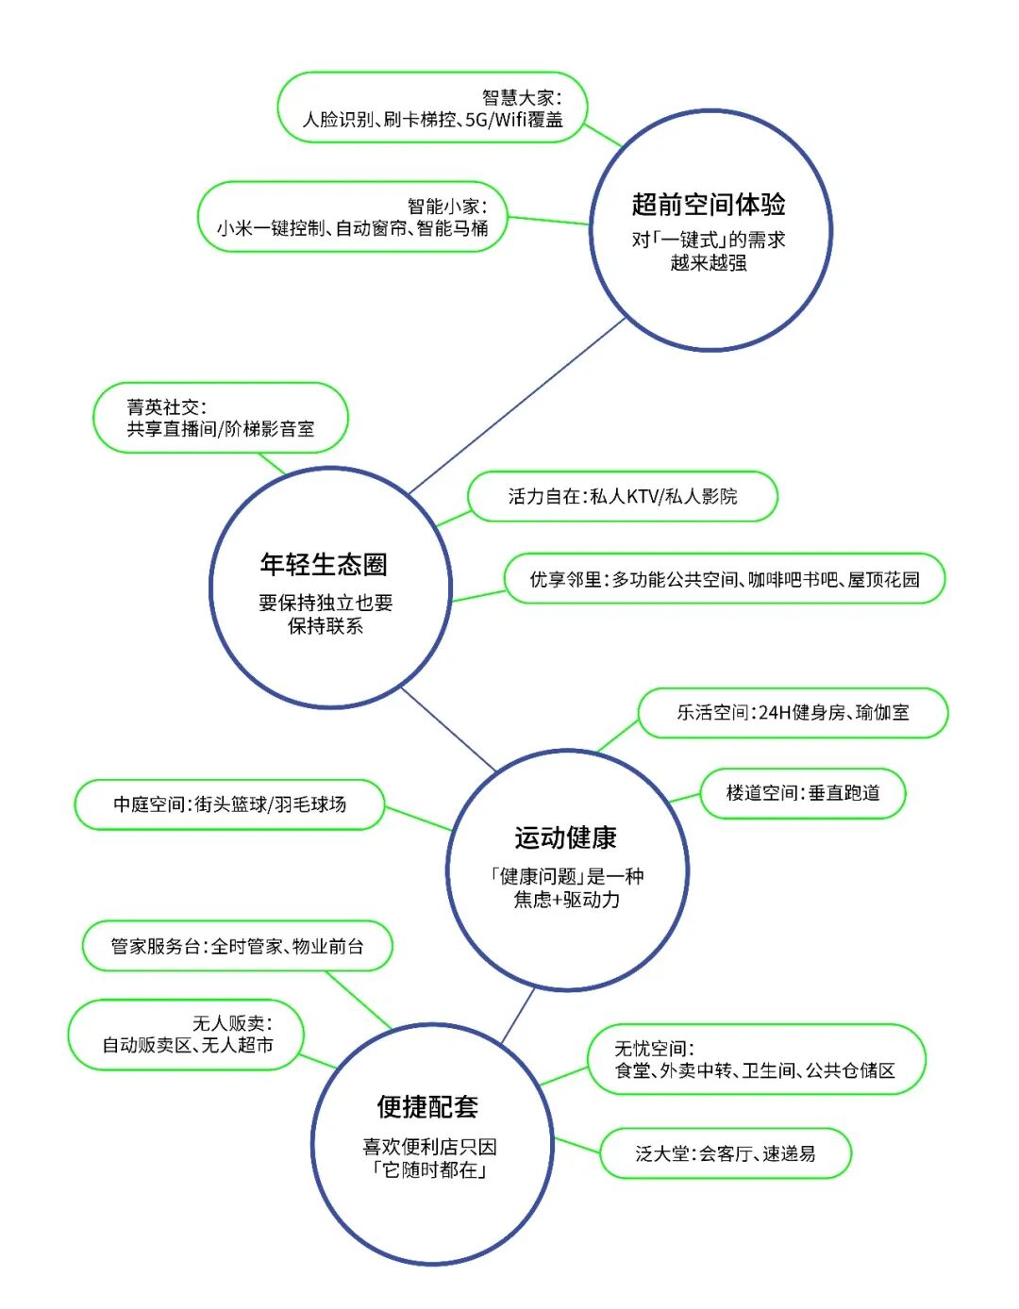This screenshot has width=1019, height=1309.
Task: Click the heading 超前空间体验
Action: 709,204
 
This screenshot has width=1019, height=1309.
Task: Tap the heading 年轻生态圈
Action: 324,564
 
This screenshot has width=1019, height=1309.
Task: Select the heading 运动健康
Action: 566,837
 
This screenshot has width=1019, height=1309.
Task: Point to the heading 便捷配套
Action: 428,1106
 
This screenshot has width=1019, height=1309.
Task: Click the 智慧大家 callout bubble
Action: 432,108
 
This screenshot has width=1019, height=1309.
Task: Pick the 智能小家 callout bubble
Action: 353,217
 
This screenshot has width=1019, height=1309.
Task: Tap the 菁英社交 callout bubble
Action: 221,418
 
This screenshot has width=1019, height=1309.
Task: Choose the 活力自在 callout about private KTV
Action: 623,496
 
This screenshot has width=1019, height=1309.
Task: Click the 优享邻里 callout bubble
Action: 724,579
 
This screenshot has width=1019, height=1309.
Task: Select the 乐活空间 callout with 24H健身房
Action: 793,712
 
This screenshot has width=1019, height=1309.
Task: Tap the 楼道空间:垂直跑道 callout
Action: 803,793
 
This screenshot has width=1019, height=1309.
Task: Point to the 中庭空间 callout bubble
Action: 229,804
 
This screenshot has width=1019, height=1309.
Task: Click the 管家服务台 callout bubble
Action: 237,946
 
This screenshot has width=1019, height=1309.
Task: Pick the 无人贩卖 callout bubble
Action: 186,1035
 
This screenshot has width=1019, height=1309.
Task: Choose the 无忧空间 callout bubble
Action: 755,1059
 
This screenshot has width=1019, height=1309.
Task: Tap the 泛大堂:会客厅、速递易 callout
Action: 725,1153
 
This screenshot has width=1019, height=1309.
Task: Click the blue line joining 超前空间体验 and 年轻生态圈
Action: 517,406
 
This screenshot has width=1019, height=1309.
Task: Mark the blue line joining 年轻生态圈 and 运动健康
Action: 449,730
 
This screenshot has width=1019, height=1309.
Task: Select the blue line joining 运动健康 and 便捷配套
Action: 518,1015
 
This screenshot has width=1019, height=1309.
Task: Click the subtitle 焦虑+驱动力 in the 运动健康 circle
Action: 566,900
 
